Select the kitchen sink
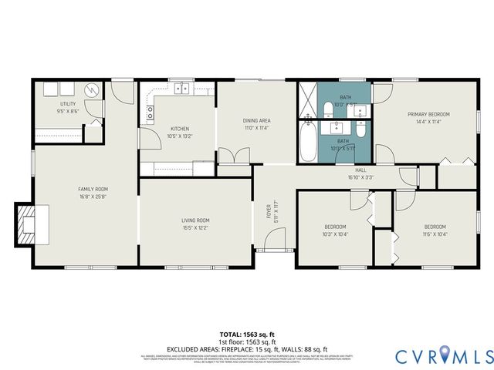pyautogui.click(x=182, y=89)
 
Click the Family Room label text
pyautogui.click(x=93, y=189)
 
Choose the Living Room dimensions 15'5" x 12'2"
pyautogui.click(x=195, y=228)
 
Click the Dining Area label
pyautogui.click(x=256, y=121)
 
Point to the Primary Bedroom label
pyautogui.click(x=428, y=114)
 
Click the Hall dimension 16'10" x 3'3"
pyautogui.click(x=360, y=177)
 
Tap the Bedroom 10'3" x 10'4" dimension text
pyautogui.click(x=335, y=234)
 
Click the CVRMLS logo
pyautogui.click(x=444, y=355)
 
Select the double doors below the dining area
pyautogui.click(x=234, y=156)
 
